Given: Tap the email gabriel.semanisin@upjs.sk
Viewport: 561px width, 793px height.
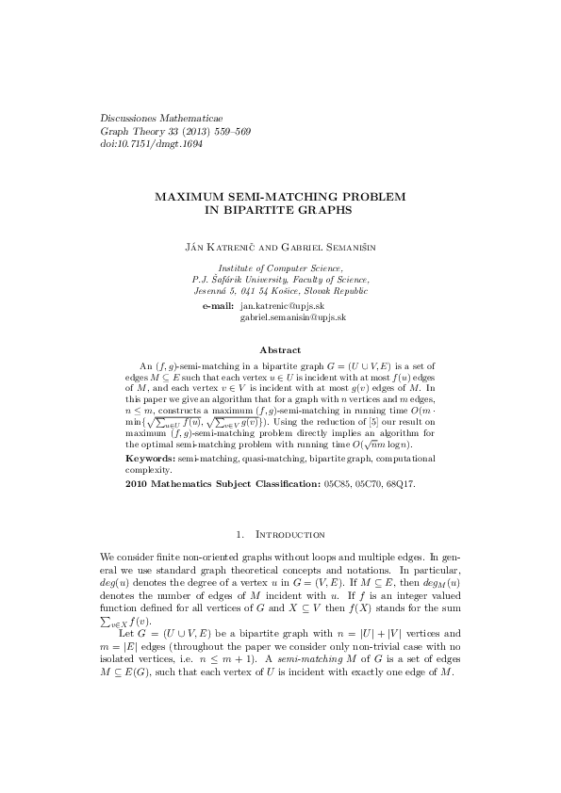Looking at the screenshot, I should (293, 318).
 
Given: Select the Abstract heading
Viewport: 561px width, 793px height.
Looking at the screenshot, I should (280, 350).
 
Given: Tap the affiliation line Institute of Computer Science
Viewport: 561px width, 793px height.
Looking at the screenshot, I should (280, 268).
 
